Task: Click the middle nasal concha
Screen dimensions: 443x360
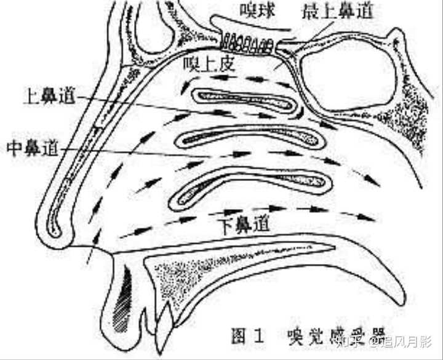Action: pos(249,139)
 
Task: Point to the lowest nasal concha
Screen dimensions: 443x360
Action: pos(252,185)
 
